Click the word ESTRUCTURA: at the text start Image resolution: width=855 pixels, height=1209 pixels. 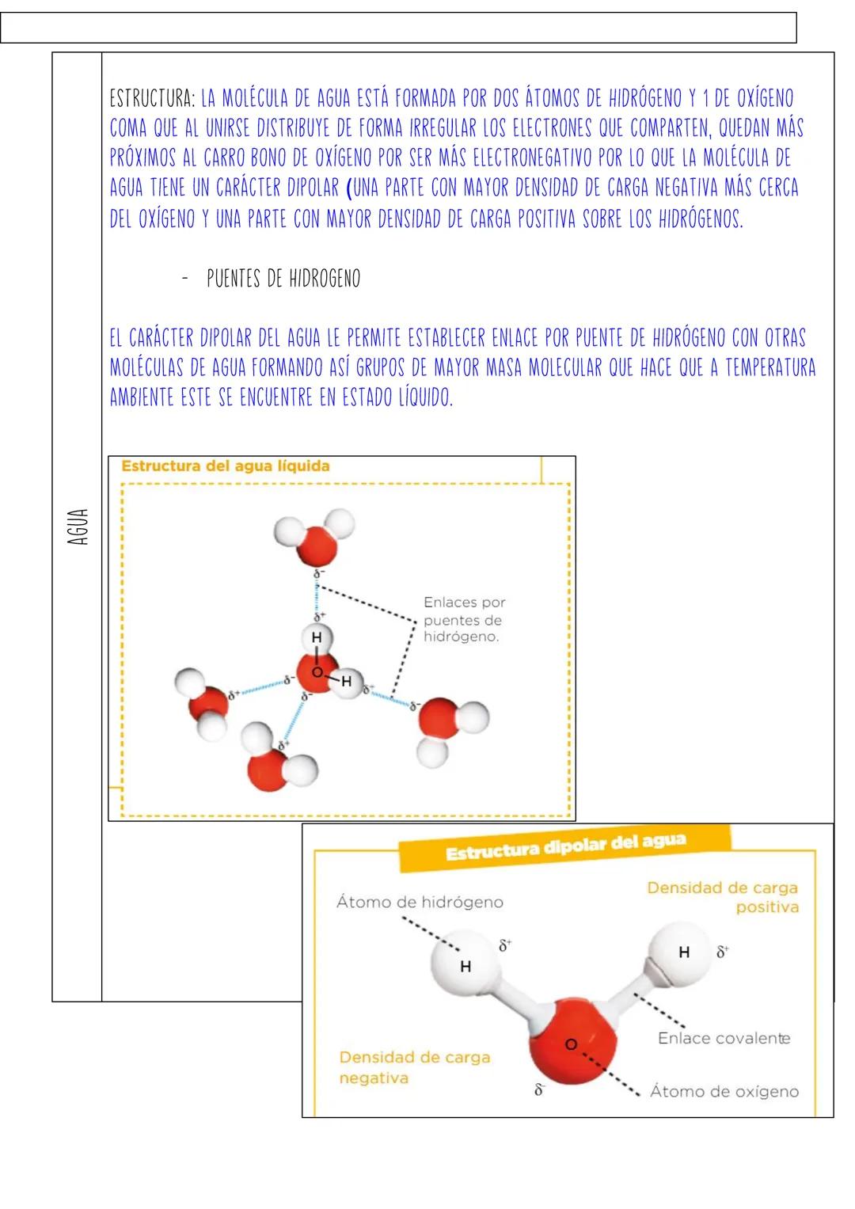coord(152,100)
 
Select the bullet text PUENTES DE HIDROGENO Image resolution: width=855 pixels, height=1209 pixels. coord(283,279)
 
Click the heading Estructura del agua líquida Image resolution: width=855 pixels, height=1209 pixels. coord(225,466)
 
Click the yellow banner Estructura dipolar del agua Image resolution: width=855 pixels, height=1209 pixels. coord(565,847)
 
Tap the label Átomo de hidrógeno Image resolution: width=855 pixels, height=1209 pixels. coord(420,902)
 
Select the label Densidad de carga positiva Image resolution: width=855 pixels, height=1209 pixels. coord(722,898)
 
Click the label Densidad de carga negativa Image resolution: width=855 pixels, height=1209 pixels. coord(414,1067)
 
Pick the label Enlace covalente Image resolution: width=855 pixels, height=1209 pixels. coord(724,1038)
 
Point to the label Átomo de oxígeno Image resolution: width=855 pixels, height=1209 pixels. coord(724,1092)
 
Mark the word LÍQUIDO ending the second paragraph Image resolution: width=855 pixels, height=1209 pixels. coord(426,397)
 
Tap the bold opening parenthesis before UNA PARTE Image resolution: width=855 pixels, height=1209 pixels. coord(349,189)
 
